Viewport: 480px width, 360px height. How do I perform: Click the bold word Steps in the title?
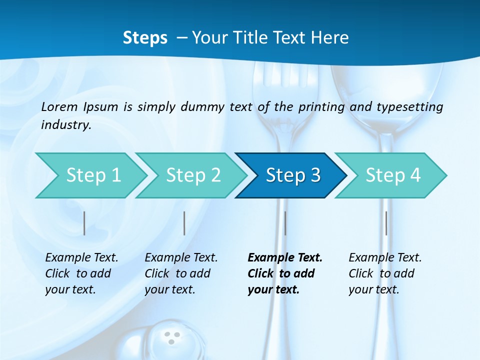pos(145,37)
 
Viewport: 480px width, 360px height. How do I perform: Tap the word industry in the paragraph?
pos(66,125)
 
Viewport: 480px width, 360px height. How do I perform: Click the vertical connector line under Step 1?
pos(84,223)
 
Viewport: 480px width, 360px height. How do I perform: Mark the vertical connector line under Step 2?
pos(184,223)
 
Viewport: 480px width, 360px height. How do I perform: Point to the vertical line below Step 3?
pos(285,223)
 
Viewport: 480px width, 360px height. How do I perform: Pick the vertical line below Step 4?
pos(386,223)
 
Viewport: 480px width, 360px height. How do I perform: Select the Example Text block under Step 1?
pos(81,273)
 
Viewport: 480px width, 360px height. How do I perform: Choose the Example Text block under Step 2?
pos(181,273)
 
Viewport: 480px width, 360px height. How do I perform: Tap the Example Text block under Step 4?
pos(385,273)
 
